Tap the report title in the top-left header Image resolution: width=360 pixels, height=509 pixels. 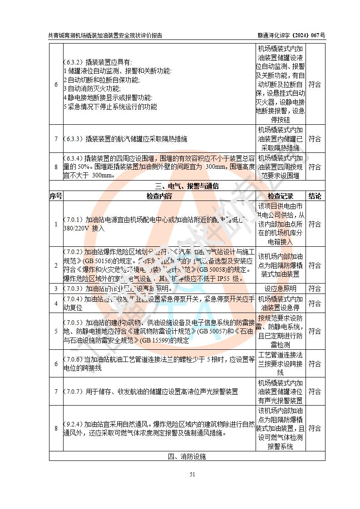click(x=105, y=35)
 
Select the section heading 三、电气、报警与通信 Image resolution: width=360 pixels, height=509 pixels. click(x=187, y=186)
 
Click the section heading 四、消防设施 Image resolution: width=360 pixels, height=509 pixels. click(x=187, y=456)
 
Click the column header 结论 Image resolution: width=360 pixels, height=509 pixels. click(x=315, y=196)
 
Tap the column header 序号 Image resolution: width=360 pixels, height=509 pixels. click(x=56, y=196)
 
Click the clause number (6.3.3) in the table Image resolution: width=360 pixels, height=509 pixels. click(x=73, y=139)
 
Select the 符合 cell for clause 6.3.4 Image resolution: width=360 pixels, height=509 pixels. click(x=315, y=167)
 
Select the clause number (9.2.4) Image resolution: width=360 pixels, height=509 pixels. click(x=73, y=424)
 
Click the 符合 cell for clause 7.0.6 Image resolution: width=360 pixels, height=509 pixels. click(x=315, y=364)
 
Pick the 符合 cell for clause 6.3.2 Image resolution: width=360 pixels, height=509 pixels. click(x=315, y=84)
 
